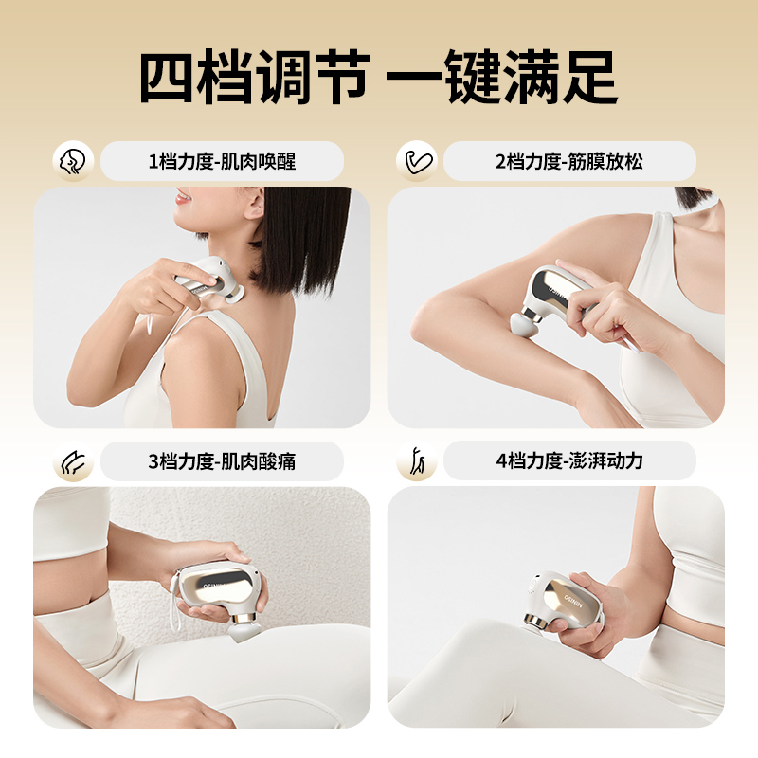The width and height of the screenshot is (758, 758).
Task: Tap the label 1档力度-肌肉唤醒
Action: point(222,162)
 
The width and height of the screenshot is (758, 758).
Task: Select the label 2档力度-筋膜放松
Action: point(568,162)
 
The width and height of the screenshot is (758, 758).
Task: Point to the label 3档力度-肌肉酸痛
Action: point(222,461)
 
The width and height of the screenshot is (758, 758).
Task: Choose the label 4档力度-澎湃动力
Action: point(568,461)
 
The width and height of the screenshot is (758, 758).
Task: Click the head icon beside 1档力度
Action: point(72,161)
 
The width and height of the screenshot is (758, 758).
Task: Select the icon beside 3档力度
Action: point(72,461)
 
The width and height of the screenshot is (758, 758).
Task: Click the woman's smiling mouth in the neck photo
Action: point(184,198)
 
